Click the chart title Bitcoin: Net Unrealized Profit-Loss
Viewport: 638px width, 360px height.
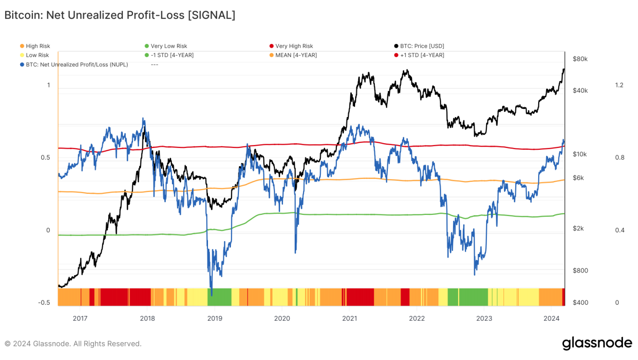tap(120, 15)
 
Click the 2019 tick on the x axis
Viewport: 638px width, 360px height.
tap(215, 319)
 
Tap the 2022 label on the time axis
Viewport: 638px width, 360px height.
tap(416, 319)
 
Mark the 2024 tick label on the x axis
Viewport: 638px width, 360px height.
tap(551, 319)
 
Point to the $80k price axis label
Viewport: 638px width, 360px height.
tap(580, 59)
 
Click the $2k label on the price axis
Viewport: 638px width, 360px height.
tap(579, 228)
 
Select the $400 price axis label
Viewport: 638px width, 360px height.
tap(580, 302)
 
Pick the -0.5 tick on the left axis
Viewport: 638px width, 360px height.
tap(44, 302)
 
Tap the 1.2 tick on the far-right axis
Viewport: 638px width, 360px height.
tap(619, 85)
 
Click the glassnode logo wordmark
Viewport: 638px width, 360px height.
tap(597, 343)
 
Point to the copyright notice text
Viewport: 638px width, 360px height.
tap(73, 344)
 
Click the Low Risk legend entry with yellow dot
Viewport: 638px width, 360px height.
tap(37, 55)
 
